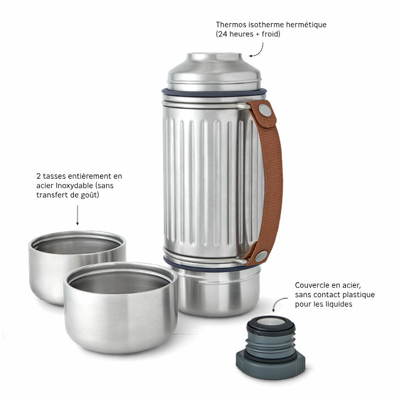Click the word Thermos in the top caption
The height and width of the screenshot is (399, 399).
(230, 25)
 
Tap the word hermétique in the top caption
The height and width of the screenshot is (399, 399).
(304, 25)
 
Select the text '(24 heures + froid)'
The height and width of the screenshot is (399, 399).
(248, 35)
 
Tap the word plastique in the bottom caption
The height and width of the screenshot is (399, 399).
(357, 295)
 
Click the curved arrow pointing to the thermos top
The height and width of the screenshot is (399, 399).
(257, 50)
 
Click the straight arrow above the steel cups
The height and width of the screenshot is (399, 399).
(77, 215)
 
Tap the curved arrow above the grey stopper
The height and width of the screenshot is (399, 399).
(278, 306)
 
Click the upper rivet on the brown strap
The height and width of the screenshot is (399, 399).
(264, 111)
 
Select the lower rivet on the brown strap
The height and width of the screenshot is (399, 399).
(261, 255)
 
